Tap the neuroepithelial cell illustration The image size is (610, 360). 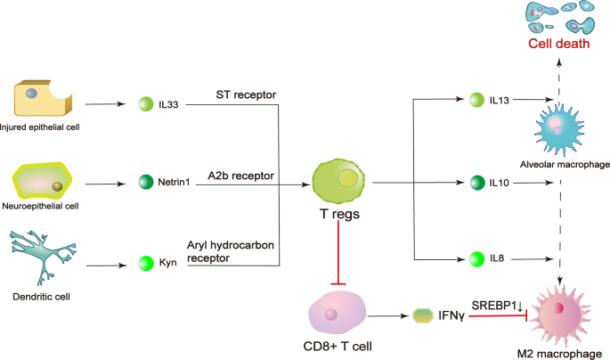click(x=48, y=184)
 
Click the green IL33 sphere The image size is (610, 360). click(x=147, y=105)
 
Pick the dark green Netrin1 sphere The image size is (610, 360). click(x=147, y=184)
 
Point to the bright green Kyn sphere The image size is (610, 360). click(x=147, y=264)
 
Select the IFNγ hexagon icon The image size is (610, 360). click(x=424, y=315)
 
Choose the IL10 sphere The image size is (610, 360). click(x=476, y=184)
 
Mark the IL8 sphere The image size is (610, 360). click(x=476, y=259)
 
